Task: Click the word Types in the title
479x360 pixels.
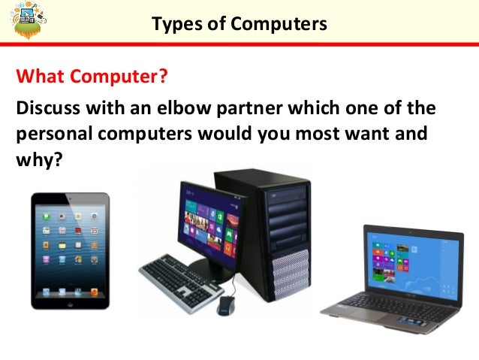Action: [x=172, y=24]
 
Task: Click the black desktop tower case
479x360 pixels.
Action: [x=275, y=233]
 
